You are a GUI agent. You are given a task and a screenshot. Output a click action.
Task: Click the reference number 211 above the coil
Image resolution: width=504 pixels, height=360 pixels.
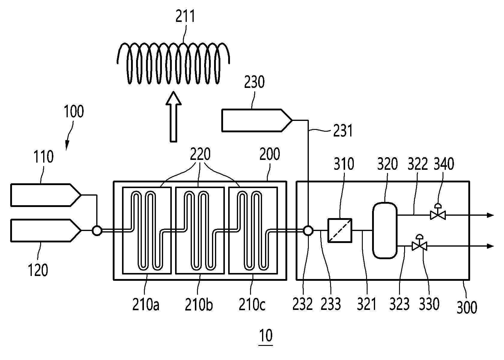185,16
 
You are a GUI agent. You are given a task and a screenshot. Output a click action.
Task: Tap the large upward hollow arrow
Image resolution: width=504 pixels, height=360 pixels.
174,117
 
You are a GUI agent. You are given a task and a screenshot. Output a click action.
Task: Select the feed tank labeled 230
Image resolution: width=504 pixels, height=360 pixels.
257,120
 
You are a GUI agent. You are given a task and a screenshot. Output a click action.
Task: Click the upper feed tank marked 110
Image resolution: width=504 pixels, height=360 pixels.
46,195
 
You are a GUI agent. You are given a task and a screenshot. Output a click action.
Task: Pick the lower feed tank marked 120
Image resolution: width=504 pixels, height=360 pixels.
46,230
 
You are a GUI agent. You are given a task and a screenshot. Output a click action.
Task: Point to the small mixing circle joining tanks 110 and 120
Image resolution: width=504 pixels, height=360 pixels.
97,231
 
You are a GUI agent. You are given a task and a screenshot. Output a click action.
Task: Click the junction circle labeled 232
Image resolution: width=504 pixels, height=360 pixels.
308,230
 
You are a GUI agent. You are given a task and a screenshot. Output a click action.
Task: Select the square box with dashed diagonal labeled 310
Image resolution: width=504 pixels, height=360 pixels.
340,230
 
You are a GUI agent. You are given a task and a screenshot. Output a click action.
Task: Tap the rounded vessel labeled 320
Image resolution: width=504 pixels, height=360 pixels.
385,230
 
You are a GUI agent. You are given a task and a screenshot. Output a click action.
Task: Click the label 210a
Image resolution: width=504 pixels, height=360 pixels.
146,304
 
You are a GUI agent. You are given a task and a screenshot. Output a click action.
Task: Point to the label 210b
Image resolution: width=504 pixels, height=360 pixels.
199,304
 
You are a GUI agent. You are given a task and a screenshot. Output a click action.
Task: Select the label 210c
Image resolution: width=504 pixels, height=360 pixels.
252,304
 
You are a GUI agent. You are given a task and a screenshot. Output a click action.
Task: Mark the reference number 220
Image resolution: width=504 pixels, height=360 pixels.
200,154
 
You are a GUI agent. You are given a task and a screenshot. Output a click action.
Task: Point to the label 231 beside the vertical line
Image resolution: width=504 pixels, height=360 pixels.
343,130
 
